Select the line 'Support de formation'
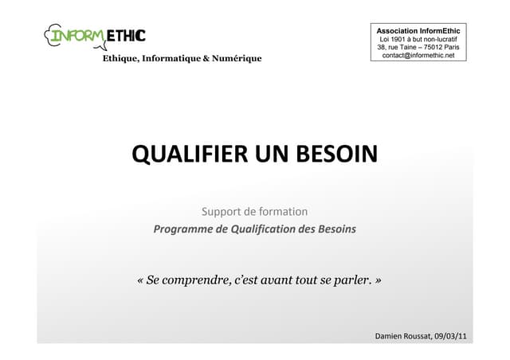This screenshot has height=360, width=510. point(254,212)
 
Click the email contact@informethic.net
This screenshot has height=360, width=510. point(418,56)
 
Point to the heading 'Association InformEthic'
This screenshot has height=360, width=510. point(418,30)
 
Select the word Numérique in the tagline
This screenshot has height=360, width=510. point(233,58)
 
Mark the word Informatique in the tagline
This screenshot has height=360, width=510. point(167,58)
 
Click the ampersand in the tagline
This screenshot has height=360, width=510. point(200,58)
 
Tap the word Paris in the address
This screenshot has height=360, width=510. point(452,47)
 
